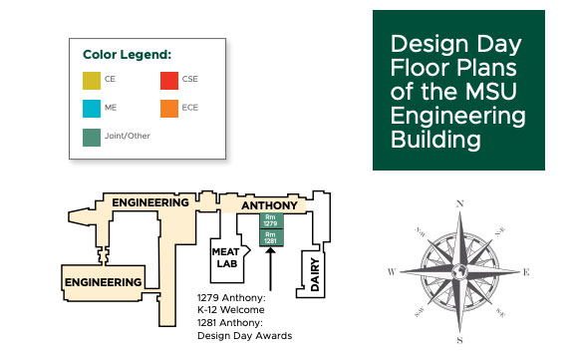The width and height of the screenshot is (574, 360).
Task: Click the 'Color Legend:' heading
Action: [x=127, y=54]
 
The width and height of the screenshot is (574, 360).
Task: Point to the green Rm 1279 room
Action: [x=270, y=221]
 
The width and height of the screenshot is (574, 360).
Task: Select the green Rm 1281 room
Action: [x=270, y=237]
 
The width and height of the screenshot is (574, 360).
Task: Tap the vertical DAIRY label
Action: [x=314, y=271]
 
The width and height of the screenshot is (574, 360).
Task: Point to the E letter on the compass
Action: [x=526, y=271]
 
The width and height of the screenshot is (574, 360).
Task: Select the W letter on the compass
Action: [x=392, y=271]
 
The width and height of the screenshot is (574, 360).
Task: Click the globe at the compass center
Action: [x=459, y=271]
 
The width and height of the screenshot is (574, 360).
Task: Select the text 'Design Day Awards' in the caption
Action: [x=245, y=336]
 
